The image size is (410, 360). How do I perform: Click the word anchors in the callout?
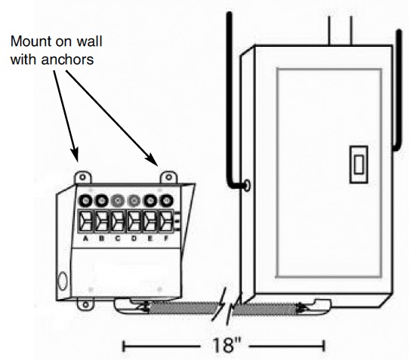68,60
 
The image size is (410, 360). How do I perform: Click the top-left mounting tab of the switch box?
82,177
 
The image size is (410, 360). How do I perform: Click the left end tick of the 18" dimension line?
124,346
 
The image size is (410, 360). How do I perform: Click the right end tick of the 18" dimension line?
323,346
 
